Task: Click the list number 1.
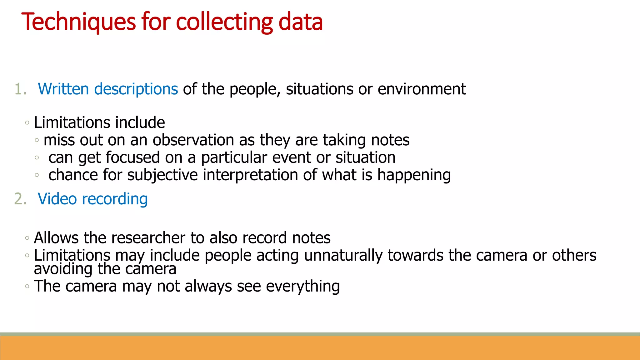[20, 89]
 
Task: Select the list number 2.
[20, 199]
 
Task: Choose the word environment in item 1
[422, 89]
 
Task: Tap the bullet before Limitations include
[27, 123]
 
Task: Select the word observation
[193, 140]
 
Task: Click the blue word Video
[57, 199]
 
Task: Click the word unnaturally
[343, 256]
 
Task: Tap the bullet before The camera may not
[27, 286]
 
